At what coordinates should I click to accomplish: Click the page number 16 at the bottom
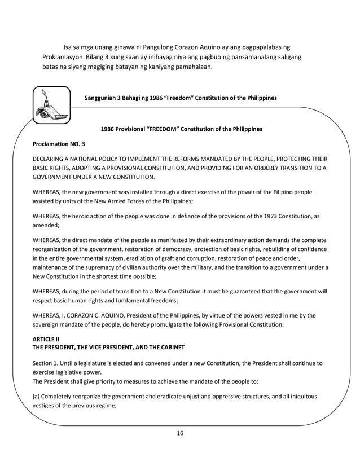coord(180,433)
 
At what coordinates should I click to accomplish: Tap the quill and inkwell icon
coord(51,105)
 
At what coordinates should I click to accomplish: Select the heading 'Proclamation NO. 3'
coord(59,144)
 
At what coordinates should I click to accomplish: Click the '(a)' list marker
coord(37,396)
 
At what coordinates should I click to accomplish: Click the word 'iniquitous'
coord(302,396)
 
